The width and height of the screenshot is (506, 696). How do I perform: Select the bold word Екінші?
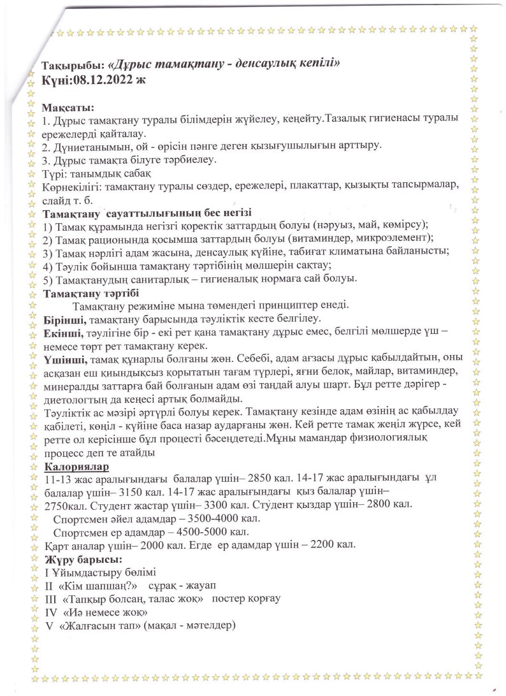61,332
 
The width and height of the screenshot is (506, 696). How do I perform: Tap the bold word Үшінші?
62,359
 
